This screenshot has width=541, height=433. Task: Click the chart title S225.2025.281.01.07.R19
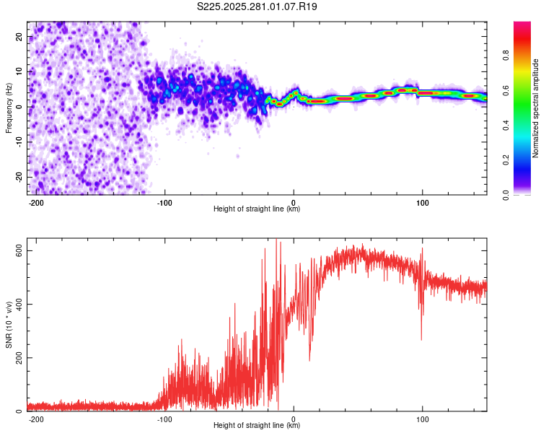(x=257, y=6)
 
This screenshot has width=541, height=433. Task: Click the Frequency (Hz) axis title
(x=9, y=108)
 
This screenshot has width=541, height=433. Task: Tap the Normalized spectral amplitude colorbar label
(x=536, y=108)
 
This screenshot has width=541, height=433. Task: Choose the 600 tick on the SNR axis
(x=17, y=250)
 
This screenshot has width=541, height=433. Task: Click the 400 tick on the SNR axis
(x=17, y=304)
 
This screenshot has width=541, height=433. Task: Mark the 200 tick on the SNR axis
(x=17, y=358)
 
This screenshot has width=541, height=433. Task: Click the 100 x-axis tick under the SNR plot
(x=422, y=419)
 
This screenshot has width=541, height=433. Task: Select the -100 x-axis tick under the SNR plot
(x=164, y=419)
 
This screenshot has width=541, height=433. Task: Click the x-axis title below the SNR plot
(x=257, y=426)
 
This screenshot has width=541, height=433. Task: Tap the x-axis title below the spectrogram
(x=257, y=209)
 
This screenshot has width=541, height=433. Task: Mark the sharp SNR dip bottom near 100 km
(x=422, y=339)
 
